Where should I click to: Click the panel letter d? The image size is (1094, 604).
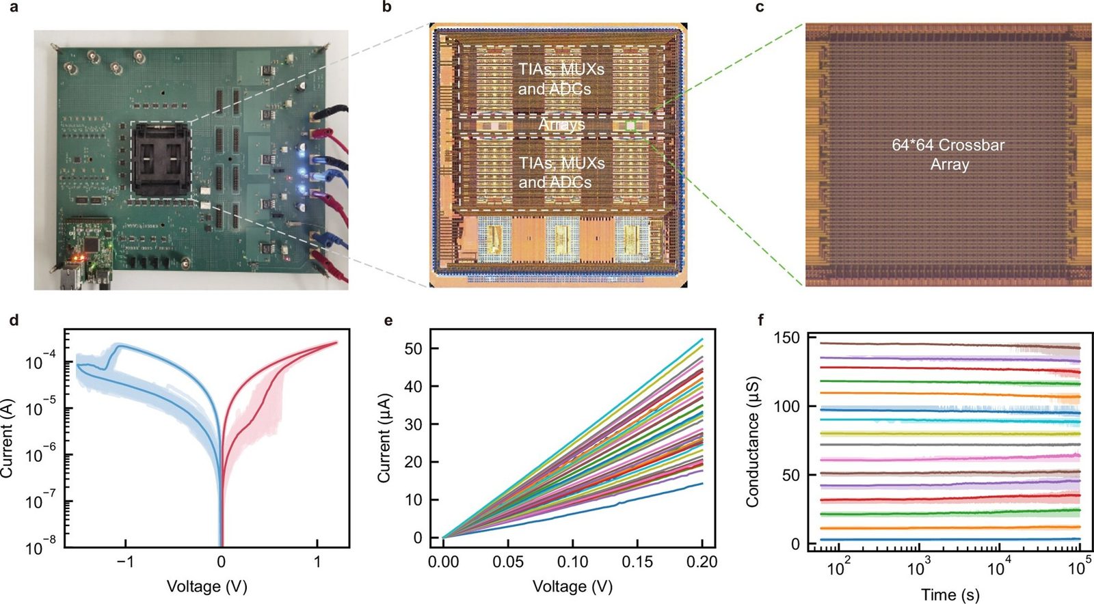14,320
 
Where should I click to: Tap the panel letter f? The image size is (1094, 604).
760,320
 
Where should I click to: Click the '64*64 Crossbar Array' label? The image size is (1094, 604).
949,154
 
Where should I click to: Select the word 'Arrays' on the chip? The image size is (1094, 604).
561,125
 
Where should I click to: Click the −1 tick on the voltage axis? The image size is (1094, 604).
125,562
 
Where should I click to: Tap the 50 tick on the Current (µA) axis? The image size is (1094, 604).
413,348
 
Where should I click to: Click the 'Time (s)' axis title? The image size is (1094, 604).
950,594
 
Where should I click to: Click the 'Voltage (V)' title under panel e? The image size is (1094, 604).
572,586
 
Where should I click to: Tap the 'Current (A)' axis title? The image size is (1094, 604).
7,438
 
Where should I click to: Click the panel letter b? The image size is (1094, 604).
387,8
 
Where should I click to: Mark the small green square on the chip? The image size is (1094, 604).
630,126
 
